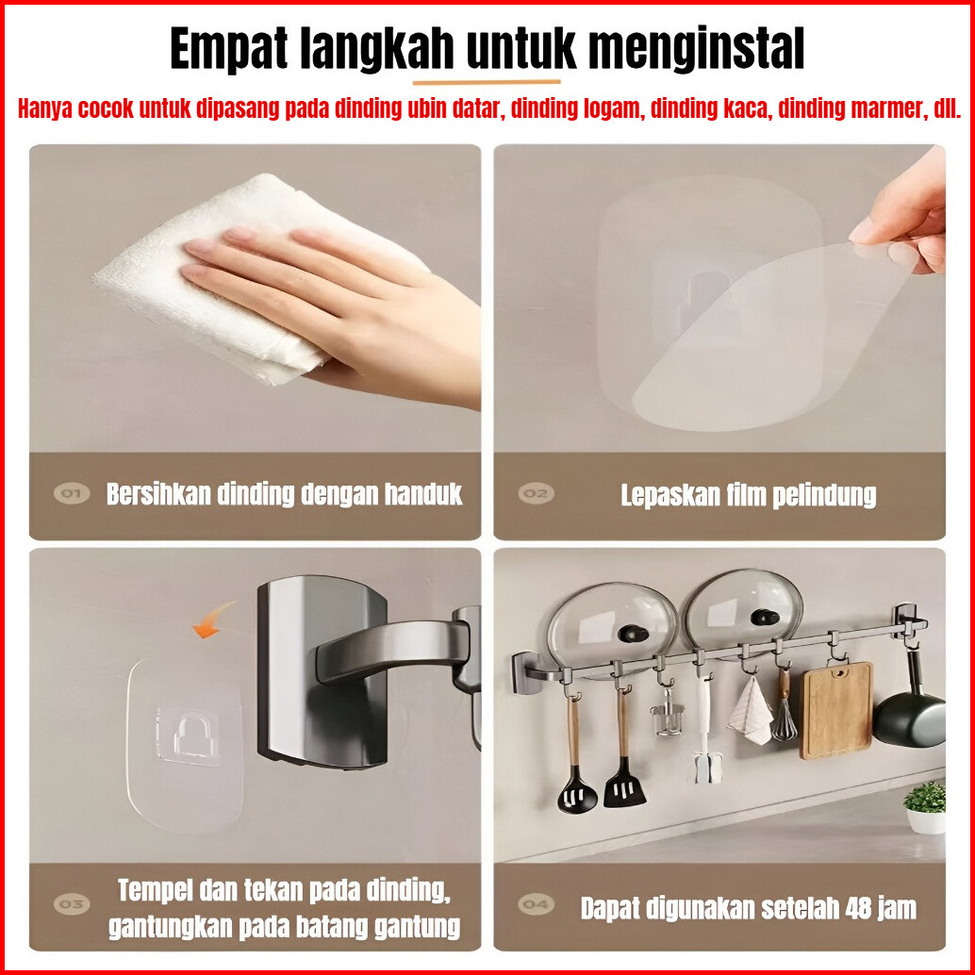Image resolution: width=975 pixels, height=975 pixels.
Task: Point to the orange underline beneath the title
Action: tap(487, 81)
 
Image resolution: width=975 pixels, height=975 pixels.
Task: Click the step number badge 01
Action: tap(72, 494)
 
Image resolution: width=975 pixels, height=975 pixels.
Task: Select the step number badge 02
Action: tap(536, 494)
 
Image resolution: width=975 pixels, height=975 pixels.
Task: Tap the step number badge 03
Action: tap(72, 903)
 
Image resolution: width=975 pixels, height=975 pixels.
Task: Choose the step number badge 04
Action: tap(536, 903)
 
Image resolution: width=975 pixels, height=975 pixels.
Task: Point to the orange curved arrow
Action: tap(213, 620)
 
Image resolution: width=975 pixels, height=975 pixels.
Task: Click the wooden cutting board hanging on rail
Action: tap(836, 710)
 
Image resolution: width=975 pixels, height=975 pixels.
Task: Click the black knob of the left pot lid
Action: tap(634, 635)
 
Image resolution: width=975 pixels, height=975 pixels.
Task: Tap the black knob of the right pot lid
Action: tap(766, 618)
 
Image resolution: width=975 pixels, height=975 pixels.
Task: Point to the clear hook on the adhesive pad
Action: tap(189, 735)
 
